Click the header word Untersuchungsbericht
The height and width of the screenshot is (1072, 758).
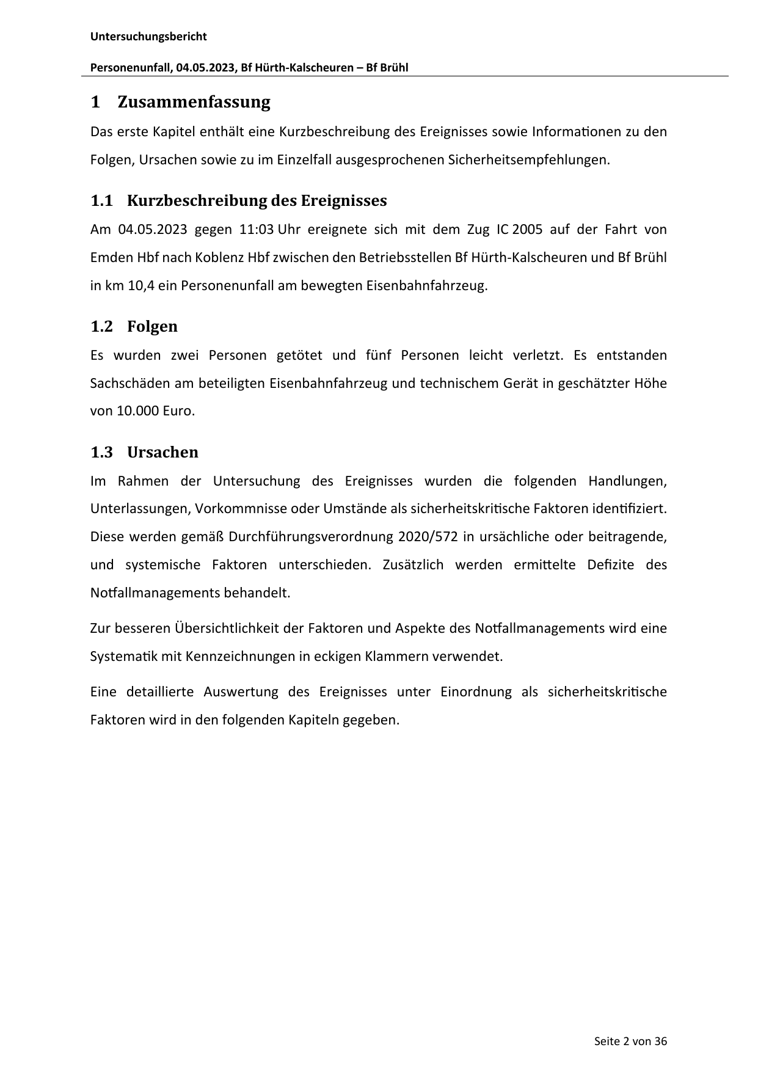click(148, 37)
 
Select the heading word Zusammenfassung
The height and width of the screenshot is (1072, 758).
click(194, 102)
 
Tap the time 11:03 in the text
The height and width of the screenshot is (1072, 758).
click(257, 230)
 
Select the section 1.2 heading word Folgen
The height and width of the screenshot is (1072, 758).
click(153, 327)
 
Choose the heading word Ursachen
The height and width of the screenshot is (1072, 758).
click(163, 453)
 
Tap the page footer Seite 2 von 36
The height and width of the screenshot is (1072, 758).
click(630, 1041)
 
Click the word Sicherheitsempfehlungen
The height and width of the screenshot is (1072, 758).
click(528, 160)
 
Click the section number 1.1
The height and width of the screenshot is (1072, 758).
click(102, 201)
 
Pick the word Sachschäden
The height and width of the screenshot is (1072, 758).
click(130, 384)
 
